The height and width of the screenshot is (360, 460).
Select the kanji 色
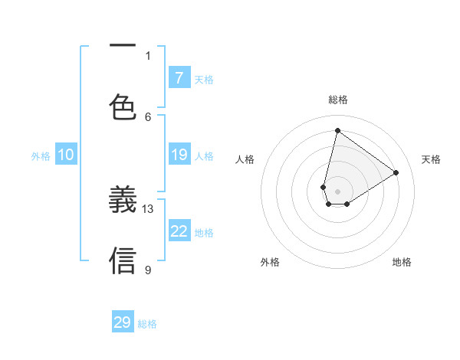point(123,109)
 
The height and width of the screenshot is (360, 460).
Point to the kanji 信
point(123,260)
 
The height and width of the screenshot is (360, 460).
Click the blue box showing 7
point(179,77)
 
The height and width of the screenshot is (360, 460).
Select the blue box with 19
point(179,155)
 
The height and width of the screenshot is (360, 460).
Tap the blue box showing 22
point(179,231)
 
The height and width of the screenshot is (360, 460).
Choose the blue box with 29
point(123,322)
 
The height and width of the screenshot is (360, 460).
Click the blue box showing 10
point(66,155)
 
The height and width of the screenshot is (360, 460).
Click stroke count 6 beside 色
point(148,116)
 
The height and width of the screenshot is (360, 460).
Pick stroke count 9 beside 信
point(148,270)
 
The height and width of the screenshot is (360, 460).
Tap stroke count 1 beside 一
point(148,55)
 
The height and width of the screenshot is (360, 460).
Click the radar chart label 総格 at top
point(338,100)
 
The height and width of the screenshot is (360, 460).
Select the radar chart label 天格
point(432,159)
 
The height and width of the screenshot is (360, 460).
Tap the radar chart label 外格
point(270,262)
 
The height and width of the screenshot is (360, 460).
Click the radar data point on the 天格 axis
point(396,172)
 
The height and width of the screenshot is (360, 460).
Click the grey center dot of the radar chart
point(338,191)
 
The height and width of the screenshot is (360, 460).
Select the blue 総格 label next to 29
point(147,324)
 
